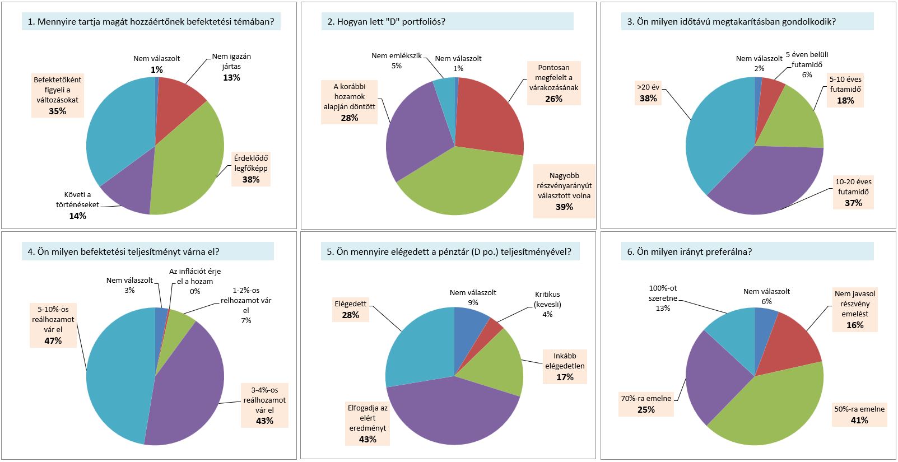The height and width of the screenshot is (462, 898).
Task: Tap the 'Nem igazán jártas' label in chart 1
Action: coord(231,62)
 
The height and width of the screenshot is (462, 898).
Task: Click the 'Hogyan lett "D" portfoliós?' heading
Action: coord(387,22)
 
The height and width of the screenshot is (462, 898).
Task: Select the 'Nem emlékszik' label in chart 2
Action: coord(396,56)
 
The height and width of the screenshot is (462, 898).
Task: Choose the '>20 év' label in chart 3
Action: coord(648,87)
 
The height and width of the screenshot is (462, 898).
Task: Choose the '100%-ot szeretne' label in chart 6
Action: coord(663,298)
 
